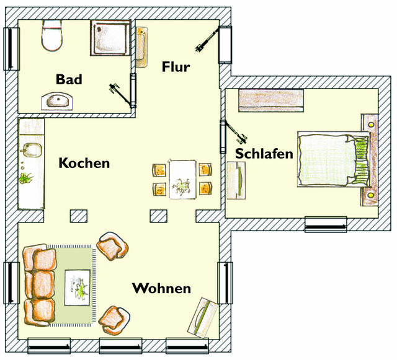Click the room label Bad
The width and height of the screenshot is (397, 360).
(x=68, y=79)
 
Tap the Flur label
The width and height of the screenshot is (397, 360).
(x=176, y=66)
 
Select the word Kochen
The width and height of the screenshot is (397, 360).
(x=84, y=164)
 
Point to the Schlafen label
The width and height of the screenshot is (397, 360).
(x=264, y=154)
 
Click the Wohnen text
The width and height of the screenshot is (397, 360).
(x=161, y=289)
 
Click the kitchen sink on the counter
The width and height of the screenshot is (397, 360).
(x=30, y=150)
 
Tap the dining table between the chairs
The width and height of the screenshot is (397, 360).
(x=182, y=179)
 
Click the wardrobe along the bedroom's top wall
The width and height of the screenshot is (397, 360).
(x=270, y=100)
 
